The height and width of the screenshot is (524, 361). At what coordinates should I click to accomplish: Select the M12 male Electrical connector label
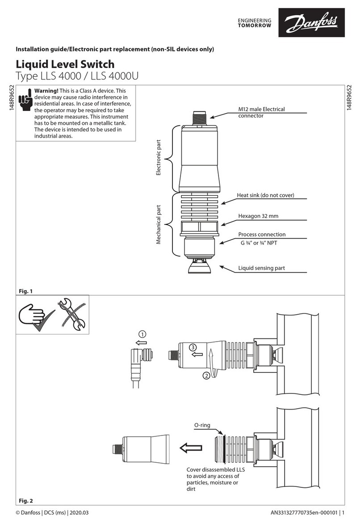pos(261,112)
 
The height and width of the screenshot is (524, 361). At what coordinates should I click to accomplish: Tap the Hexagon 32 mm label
pos(258,216)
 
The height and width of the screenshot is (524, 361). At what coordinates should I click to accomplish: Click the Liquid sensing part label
pos(261,268)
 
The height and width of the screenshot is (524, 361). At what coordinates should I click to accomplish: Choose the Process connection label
pos(261,234)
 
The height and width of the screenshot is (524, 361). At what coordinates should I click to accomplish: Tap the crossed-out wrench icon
pos(71,314)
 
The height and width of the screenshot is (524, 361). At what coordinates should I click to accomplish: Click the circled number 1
pos(142,334)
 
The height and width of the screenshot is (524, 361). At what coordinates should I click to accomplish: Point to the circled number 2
pos(206,376)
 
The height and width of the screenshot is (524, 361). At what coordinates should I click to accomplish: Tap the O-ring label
pos(202,426)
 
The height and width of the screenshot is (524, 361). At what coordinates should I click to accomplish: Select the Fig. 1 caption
pos(26,291)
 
